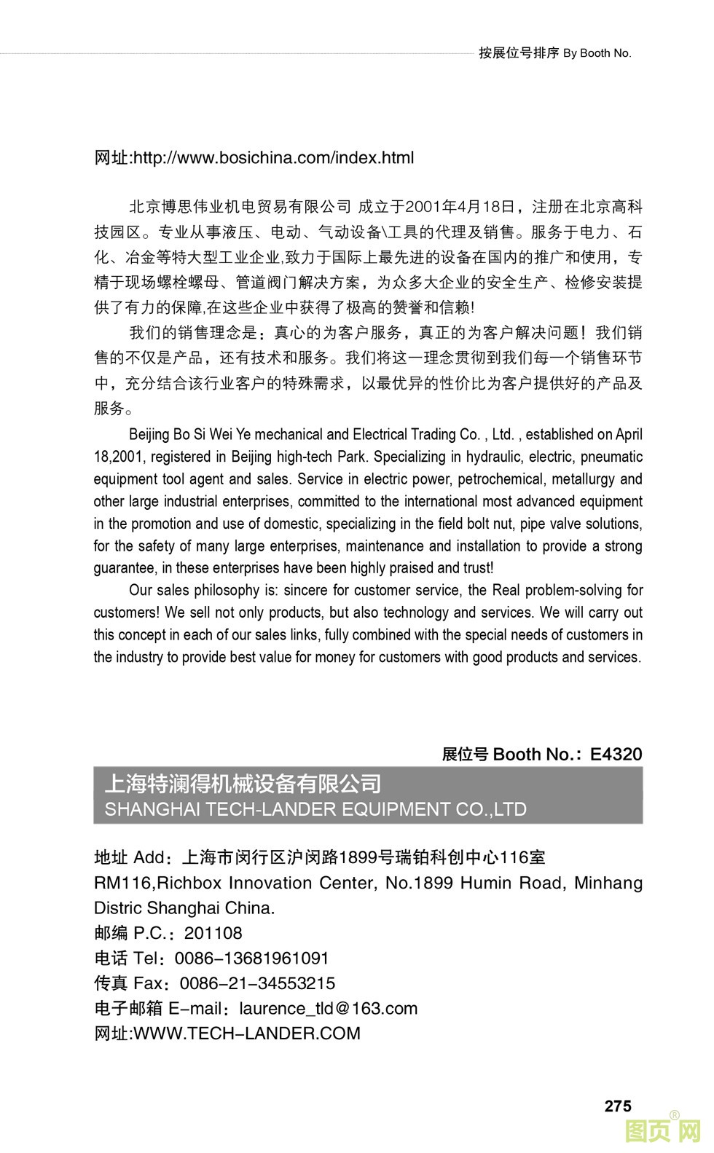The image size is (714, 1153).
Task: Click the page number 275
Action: point(617,1106)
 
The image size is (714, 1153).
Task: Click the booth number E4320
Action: point(616,754)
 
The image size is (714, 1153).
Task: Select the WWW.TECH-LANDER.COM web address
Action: point(247,1033)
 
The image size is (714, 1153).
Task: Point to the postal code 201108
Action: point(213,933)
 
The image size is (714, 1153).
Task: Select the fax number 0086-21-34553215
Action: point(257,983)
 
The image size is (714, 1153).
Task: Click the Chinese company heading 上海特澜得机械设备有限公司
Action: point(243,784)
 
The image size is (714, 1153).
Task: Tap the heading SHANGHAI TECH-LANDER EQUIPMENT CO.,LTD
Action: point(315,809)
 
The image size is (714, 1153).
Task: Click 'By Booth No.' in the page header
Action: point(597,53)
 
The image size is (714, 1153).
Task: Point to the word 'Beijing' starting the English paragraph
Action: point(149,435)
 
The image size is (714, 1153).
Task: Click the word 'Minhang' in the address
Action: point(608,883)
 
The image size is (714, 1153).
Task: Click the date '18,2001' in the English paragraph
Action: point(119,457)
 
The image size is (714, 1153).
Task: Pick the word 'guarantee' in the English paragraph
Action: point(124,568)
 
